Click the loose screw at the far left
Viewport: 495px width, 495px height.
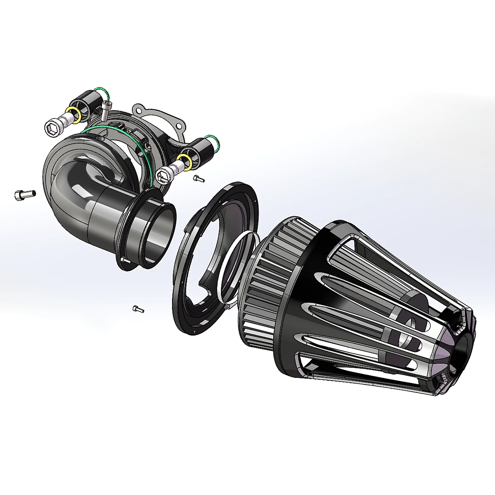coord(25,195)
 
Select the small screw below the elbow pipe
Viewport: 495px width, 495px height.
coord(138,308)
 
